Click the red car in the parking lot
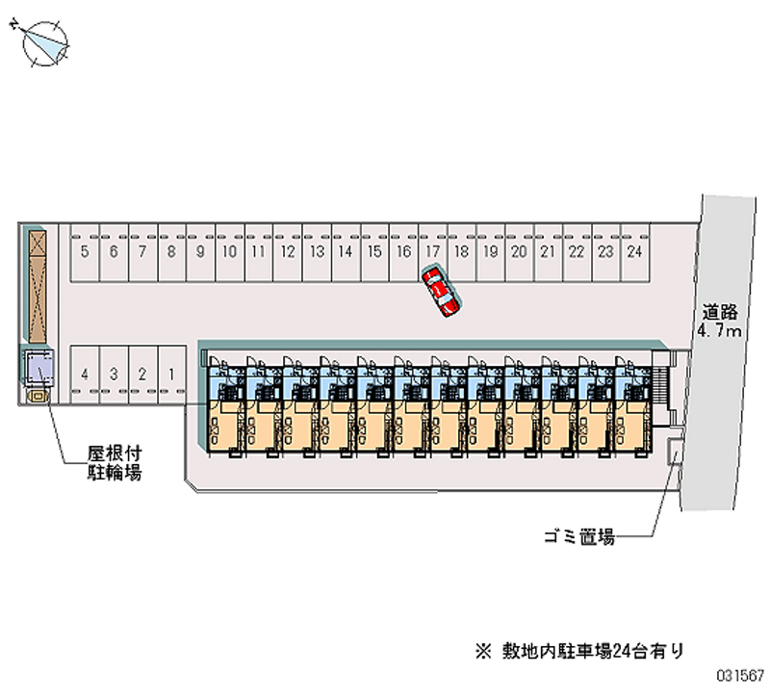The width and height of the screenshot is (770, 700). pyautogui.click(x=441, y=293)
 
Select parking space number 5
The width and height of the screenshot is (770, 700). pyautogui.click(x=86, y=252)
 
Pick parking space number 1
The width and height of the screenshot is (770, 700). pyautogui.click(x=170, y=374)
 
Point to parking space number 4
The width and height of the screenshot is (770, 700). pyautogui.click(x=86, y=374)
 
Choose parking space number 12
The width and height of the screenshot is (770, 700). pyautogui.click(x=287, y=252)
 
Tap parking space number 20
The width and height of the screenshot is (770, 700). pyautogui.click(x=518, y=252)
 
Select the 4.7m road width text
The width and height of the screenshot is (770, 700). pyautogui.click(x=719, y=332)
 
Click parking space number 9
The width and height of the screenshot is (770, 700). pyautogui.click(x=200, y=252)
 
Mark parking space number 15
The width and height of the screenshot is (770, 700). pyautogui.click(x=373, y=252)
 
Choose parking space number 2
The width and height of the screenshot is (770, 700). pyautogui.click(x=141, y=374)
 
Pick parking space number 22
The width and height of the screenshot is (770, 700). pyautogui.click(x=576, y=252)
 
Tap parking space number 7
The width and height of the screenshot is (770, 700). pyautogui.click(x=142, y=252)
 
